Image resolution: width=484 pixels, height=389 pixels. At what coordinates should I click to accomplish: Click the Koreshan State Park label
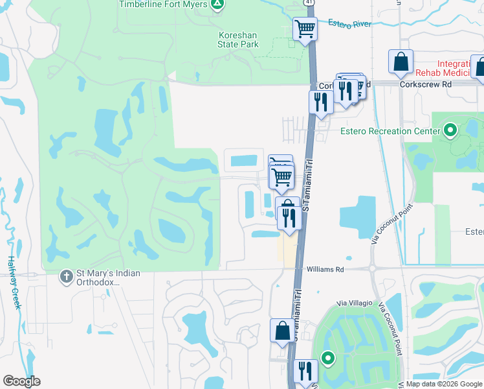[237, 40]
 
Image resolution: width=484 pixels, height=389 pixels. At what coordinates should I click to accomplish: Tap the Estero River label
[349, 24]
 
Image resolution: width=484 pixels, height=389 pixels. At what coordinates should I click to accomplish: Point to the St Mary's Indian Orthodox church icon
[65, 277]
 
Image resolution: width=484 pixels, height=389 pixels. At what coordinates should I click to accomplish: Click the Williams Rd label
[324, 268]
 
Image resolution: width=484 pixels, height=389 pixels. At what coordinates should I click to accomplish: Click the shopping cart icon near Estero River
[305, 29]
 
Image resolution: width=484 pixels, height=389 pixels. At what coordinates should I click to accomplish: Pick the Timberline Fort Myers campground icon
[218, 5]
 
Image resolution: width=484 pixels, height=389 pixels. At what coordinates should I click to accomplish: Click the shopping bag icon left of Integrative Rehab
[401, 62]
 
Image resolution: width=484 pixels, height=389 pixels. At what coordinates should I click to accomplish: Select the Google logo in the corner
[21, 381]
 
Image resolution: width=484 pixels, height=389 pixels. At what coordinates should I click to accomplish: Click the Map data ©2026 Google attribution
[444, 384]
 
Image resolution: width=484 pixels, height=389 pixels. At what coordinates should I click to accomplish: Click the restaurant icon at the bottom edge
[305, 371]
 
